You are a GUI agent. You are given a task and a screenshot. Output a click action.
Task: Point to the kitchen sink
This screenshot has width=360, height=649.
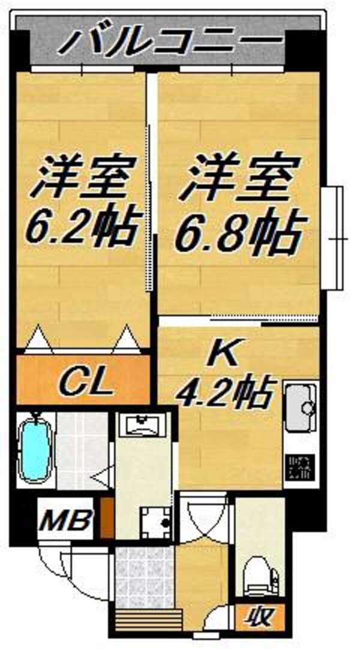299,407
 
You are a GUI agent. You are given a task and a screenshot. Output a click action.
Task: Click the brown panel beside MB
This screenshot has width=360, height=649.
107,517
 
